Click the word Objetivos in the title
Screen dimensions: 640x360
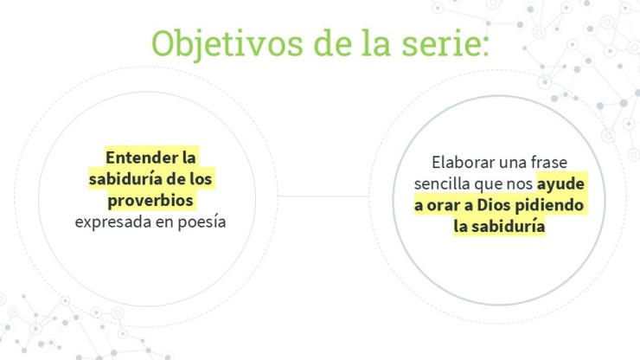227,44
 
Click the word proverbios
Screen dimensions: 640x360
150,200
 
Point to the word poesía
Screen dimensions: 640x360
202,222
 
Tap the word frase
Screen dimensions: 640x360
549,162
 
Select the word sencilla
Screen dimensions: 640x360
442,183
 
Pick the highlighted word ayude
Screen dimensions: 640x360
560,184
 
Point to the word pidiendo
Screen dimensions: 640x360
549,205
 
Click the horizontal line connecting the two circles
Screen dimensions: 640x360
323,196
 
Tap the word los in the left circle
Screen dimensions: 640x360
202,179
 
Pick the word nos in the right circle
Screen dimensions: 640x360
520,184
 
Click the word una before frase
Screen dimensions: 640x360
513,163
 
